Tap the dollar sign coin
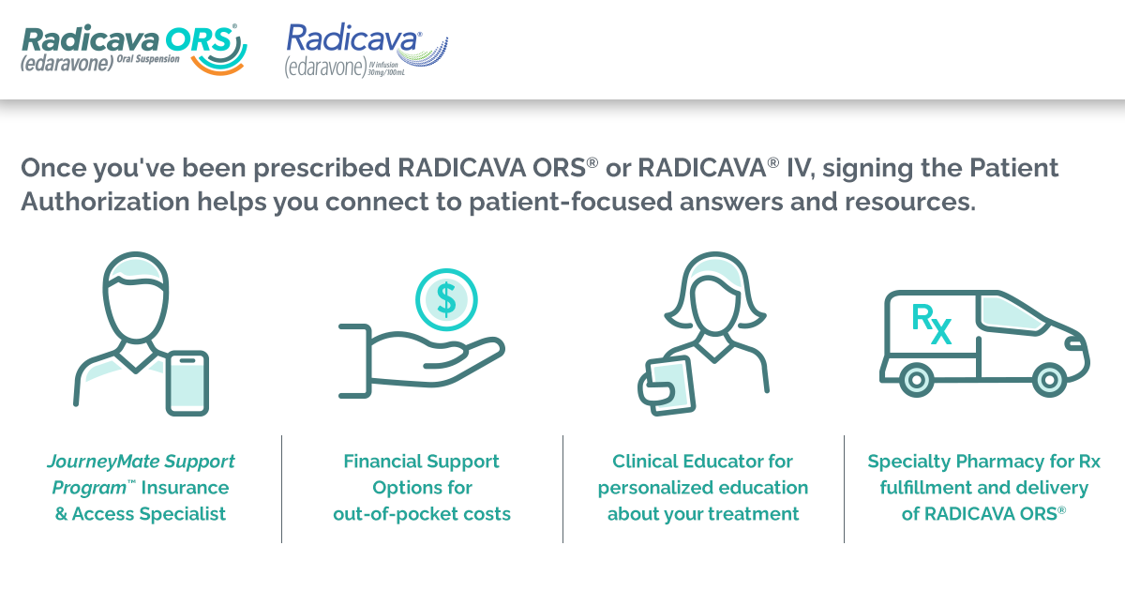[x=447, y=299]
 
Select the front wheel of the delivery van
[x=1046, y=380]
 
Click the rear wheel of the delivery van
[x=917, y=380]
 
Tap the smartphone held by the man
[x=187, y=383]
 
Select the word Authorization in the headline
[x=98, y=202]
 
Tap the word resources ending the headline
[x=914, y=202]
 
